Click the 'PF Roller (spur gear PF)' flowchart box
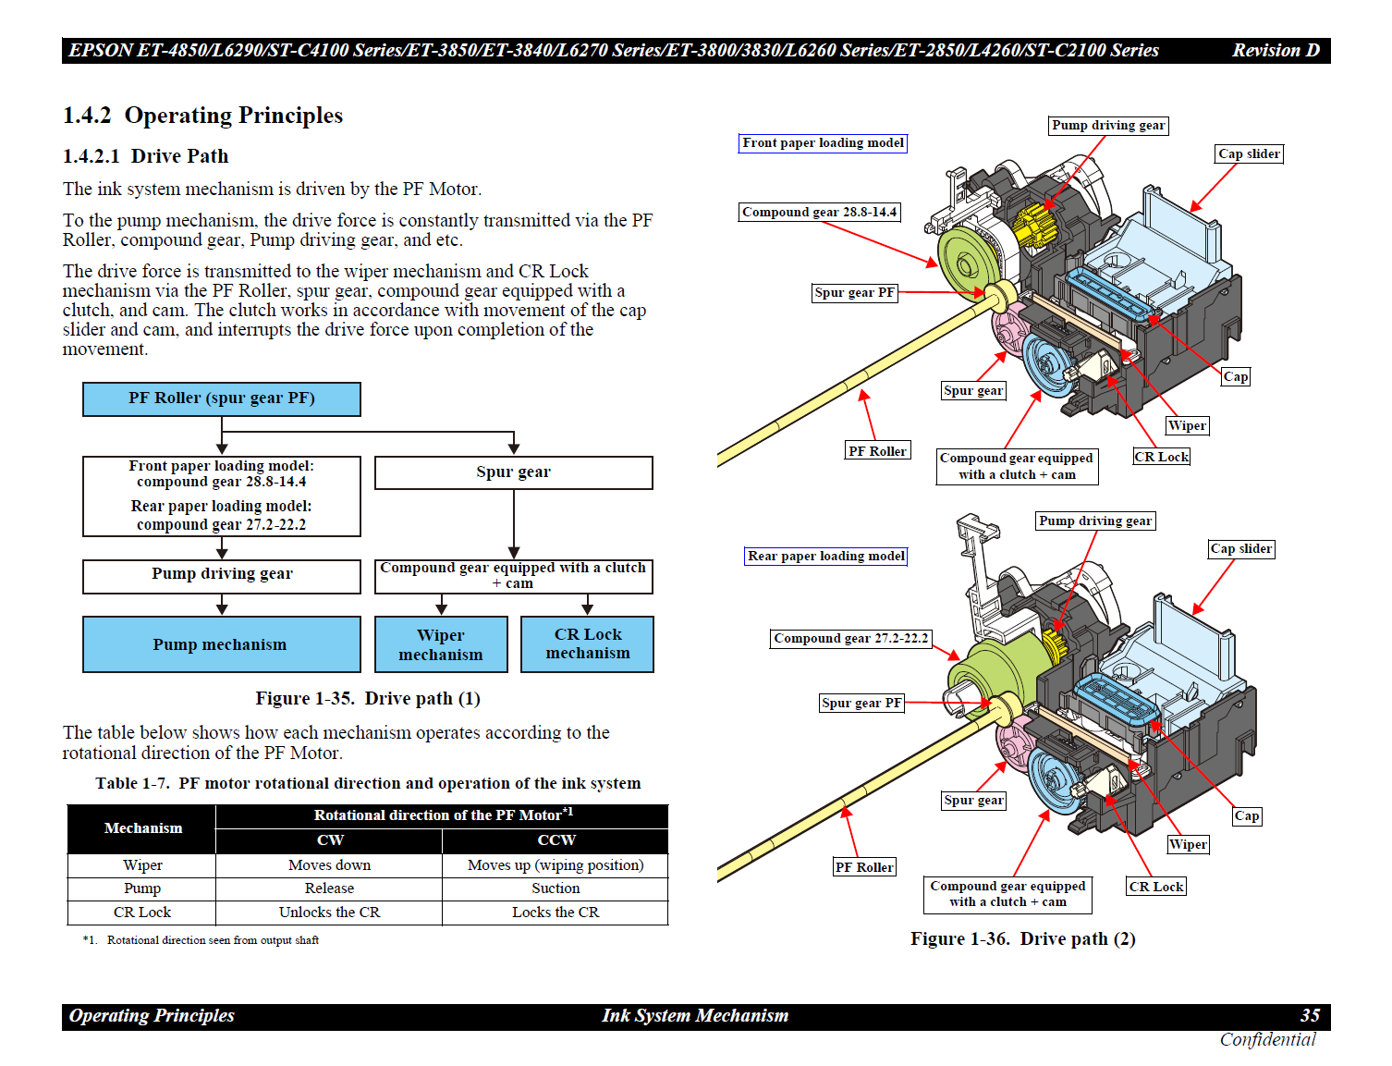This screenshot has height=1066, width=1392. [221, 398]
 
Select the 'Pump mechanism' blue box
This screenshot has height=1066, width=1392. [221, 643]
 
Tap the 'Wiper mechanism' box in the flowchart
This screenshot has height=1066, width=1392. [441, 643]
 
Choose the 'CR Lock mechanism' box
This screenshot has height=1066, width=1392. [588, 643]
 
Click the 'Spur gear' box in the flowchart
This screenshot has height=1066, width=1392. [513, 472]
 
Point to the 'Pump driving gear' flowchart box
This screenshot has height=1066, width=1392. [221, 576]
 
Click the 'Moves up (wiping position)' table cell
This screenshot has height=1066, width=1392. [555, 865]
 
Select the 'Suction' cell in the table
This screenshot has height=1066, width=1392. [555, 888]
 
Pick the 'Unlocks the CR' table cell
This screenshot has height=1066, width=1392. [329, 913]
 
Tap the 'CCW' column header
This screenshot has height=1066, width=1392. [556, 839]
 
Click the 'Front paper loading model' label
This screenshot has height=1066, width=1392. [823, 143]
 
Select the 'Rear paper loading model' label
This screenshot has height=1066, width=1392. [825, 556]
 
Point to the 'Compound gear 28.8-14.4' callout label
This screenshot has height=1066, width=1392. [819, 212]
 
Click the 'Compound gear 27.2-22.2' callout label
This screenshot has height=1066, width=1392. [850, 638]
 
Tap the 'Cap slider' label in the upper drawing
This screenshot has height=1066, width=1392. [1249, 153]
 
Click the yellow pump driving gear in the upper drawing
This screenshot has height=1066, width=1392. [1032, 225]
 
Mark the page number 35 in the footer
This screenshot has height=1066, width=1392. [1310, 1015]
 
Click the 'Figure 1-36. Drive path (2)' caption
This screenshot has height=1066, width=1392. [1022, 938]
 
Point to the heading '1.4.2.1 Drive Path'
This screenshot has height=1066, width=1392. [145, 156]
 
